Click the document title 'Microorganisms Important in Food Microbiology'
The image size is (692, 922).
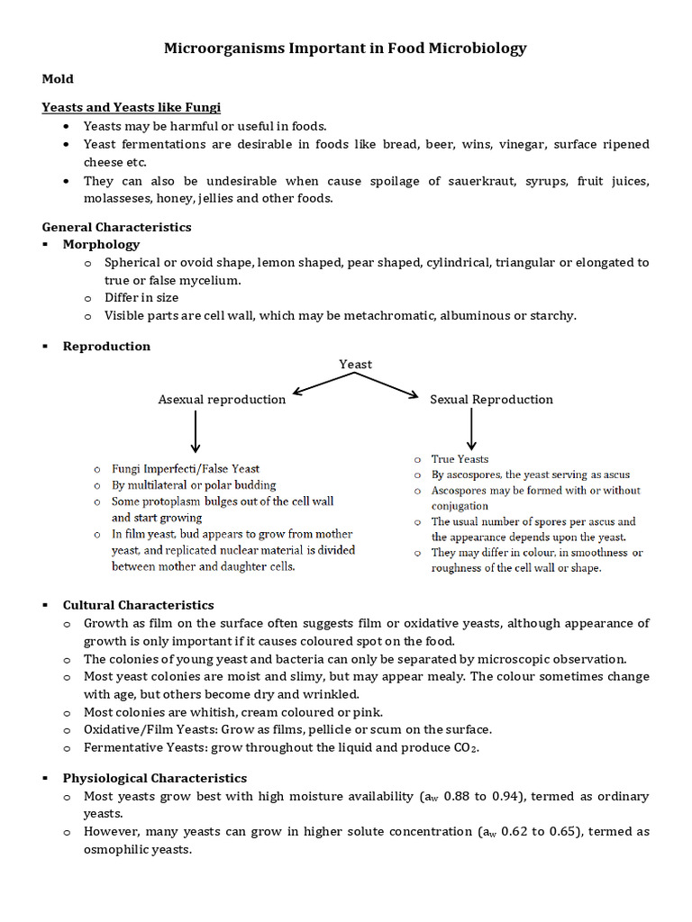345,49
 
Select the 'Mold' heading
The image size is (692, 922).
58,79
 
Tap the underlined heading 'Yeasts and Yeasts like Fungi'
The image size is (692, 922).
131,107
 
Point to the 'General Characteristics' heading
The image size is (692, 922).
116,227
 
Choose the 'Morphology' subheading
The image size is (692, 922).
101,244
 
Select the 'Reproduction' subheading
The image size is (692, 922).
106,346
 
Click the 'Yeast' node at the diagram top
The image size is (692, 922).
355,364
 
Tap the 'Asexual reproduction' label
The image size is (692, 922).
222,399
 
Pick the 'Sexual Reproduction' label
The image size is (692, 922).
491,399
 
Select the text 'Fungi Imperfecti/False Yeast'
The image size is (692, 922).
186,468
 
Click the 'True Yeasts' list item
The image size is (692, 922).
460,459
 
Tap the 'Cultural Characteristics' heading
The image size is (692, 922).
138,605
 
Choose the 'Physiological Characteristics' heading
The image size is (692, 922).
154,778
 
